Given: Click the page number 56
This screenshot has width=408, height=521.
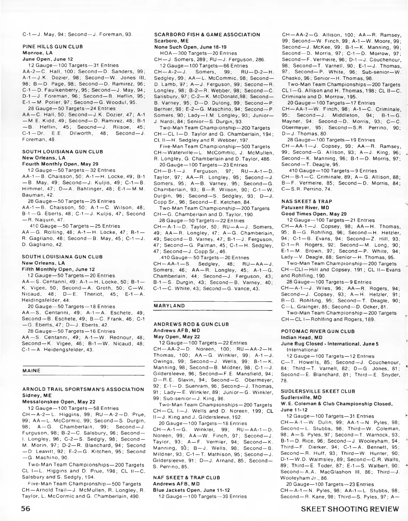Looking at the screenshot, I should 25,509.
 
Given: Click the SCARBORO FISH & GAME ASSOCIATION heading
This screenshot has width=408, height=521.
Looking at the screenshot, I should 207,35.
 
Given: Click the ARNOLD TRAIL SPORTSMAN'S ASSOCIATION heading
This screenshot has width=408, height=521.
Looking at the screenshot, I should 83,389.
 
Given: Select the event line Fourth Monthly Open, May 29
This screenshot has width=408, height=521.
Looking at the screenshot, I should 60,164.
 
